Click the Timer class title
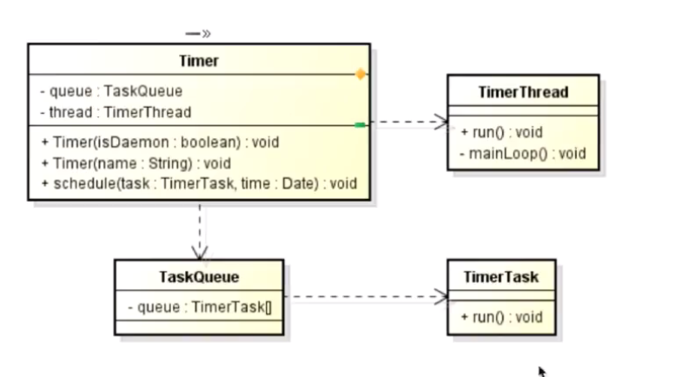199,61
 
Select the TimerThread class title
523,92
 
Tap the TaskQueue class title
199,277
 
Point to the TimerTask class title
501,277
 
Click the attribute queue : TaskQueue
111,91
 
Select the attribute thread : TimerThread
116,113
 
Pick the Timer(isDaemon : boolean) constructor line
160,142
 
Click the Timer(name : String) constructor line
136,163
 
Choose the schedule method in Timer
199,184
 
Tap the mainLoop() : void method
523,154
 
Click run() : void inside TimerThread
501,132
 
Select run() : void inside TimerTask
501,317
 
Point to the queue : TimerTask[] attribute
200,308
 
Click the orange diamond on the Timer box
361,75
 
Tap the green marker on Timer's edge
360,125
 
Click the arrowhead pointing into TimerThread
441,122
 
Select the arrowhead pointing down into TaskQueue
200,253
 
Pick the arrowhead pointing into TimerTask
441,297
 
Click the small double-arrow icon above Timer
198,34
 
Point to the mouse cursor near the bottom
542,372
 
